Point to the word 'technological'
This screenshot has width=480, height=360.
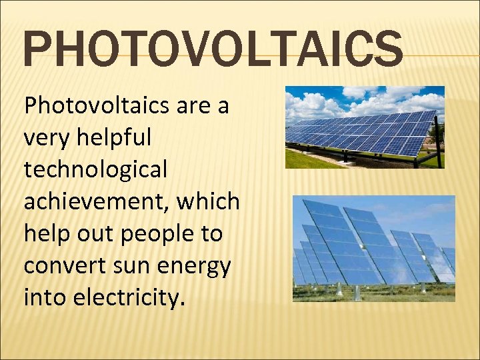pos(95,170)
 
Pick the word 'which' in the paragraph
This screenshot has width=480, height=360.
pos(208,201)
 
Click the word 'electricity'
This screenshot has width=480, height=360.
pos(127,298)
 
